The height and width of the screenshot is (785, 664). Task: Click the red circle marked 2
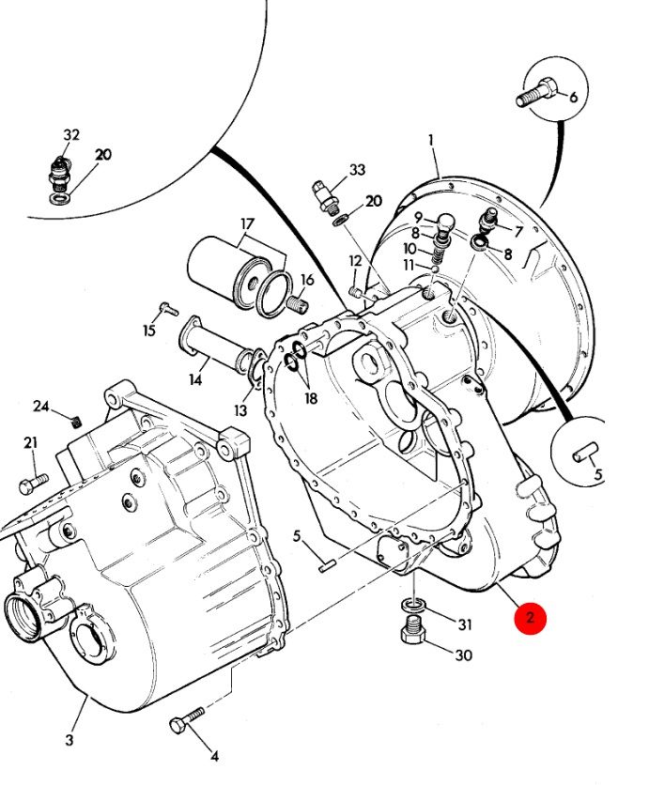(x=530, y=617)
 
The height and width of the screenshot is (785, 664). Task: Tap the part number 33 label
(x=357, y=170)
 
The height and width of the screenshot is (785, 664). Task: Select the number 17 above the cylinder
(x=247, y=224)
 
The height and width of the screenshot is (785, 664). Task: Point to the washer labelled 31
(x=414, y=603)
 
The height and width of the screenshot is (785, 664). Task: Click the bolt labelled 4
(x=186, y=724)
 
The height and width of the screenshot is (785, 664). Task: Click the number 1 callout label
(x=431, y=141)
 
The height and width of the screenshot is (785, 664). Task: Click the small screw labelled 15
(x=167, y=307)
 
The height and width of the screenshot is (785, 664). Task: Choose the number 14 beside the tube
(x=195, y=380)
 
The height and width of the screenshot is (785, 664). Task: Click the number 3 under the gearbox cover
(x=69, y=740)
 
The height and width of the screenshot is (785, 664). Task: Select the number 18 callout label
(x=311, y=397)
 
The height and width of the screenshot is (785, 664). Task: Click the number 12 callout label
(x=355, y=261)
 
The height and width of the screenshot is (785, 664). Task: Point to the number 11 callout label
(x=409, y=266)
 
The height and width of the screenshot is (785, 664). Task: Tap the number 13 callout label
(x=241, y=410)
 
